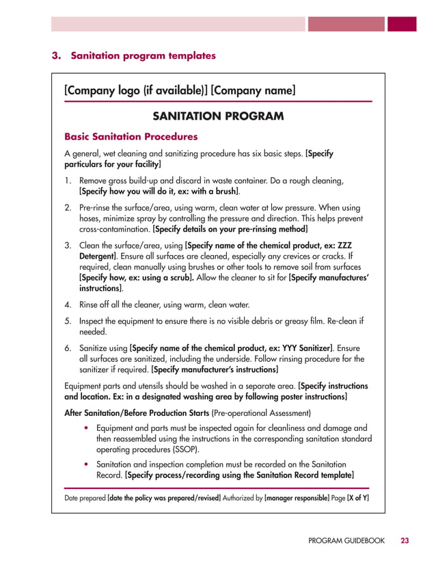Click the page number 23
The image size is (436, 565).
click(405, 541)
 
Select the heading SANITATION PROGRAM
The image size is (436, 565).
click(217, 116)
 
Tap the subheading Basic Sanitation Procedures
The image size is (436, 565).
click(131, 136)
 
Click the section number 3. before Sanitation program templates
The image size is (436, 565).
click(58, 55)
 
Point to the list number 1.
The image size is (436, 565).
click(68, 181)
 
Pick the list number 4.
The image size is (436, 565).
click(68, 304)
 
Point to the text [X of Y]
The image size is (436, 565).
click(357, 498)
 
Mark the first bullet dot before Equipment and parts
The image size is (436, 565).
click(85, 427)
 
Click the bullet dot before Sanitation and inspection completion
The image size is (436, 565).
click(85, 463)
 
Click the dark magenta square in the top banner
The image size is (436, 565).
click(402, 24)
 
